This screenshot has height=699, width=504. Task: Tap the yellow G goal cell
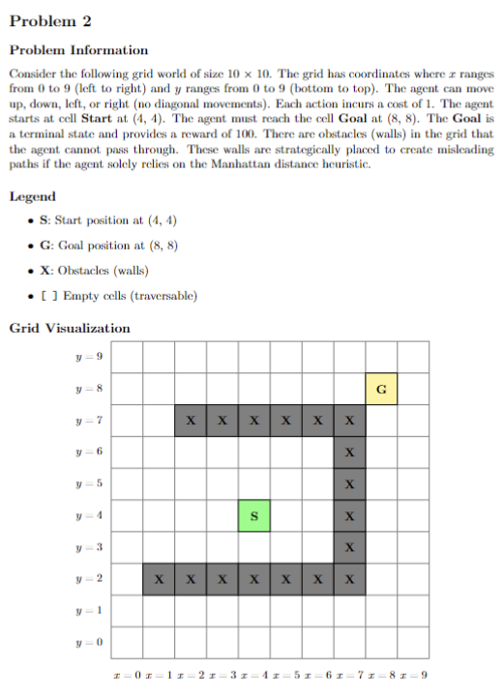point(381,390)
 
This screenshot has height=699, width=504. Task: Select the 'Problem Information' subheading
point(78,50)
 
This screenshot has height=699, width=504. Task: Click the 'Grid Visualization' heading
point(70,328)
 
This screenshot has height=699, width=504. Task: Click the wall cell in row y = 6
point(350,452)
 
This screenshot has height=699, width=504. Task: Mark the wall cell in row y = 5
point(350,483)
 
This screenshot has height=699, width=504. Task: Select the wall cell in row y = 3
point(350,546)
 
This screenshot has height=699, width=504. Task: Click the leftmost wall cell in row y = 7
point(191,422)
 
